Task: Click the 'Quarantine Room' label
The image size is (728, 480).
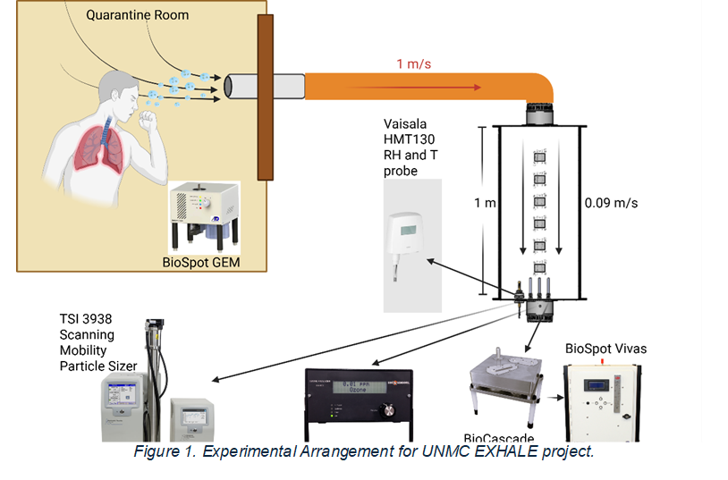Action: [x=138, y=15]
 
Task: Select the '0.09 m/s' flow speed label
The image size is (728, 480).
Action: [x=611, y=203]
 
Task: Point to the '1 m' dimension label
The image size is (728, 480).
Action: [x=484, y=203]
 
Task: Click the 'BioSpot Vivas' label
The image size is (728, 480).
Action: [x=605, y=348]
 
